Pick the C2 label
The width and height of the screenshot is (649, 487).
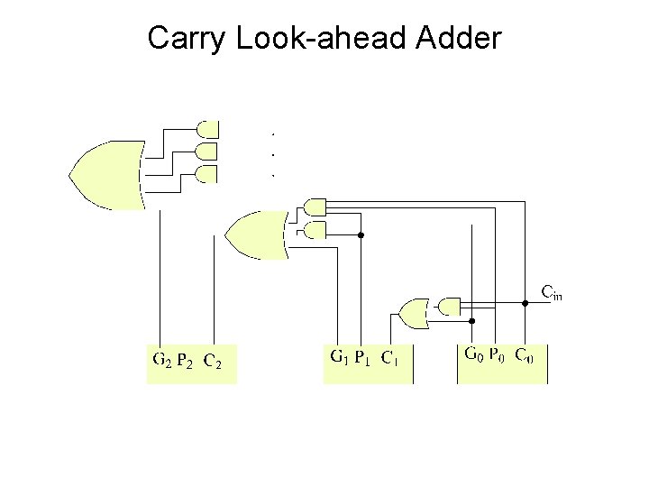pyautogui.click(x=214, y=362)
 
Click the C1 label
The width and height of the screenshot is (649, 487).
pyautogui.click(x=389, y=357)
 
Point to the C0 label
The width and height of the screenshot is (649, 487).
pyautogui.click(x=525, y=354)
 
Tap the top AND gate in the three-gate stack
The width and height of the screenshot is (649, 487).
pyautogui.click(x=207, y=128)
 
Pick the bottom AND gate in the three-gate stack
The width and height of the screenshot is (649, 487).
pyautogui.click(x=207, y=175)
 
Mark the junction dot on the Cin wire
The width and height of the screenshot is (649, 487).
pyautogui.click(x=527, y=304)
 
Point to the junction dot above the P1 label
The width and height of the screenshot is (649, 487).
pyautogui.click(x=361, y=234)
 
